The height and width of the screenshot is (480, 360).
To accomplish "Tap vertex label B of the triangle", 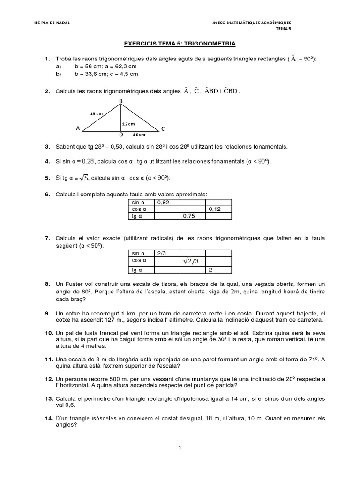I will point(121,101).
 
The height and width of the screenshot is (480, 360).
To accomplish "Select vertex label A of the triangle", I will point(77,128).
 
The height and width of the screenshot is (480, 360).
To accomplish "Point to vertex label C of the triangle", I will point(163,128).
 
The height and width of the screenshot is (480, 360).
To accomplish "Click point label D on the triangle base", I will point(120,135).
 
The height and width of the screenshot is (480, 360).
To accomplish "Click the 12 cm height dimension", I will point(128,124).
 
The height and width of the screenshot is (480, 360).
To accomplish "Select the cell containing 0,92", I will point(167,202).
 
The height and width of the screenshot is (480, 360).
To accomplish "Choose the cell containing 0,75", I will point(193,216).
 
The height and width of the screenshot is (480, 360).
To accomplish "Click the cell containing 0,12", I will point(218,209).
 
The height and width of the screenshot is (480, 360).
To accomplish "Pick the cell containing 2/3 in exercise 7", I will point(167,253).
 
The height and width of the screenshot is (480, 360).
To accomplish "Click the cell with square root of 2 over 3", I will point(193,261).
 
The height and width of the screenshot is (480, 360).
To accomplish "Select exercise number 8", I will point(47,285).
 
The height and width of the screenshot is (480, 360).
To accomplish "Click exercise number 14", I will point(49,418).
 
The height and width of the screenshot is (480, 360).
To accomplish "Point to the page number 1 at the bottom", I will point(180,448).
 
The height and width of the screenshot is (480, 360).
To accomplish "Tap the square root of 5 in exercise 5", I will point(83,178).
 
